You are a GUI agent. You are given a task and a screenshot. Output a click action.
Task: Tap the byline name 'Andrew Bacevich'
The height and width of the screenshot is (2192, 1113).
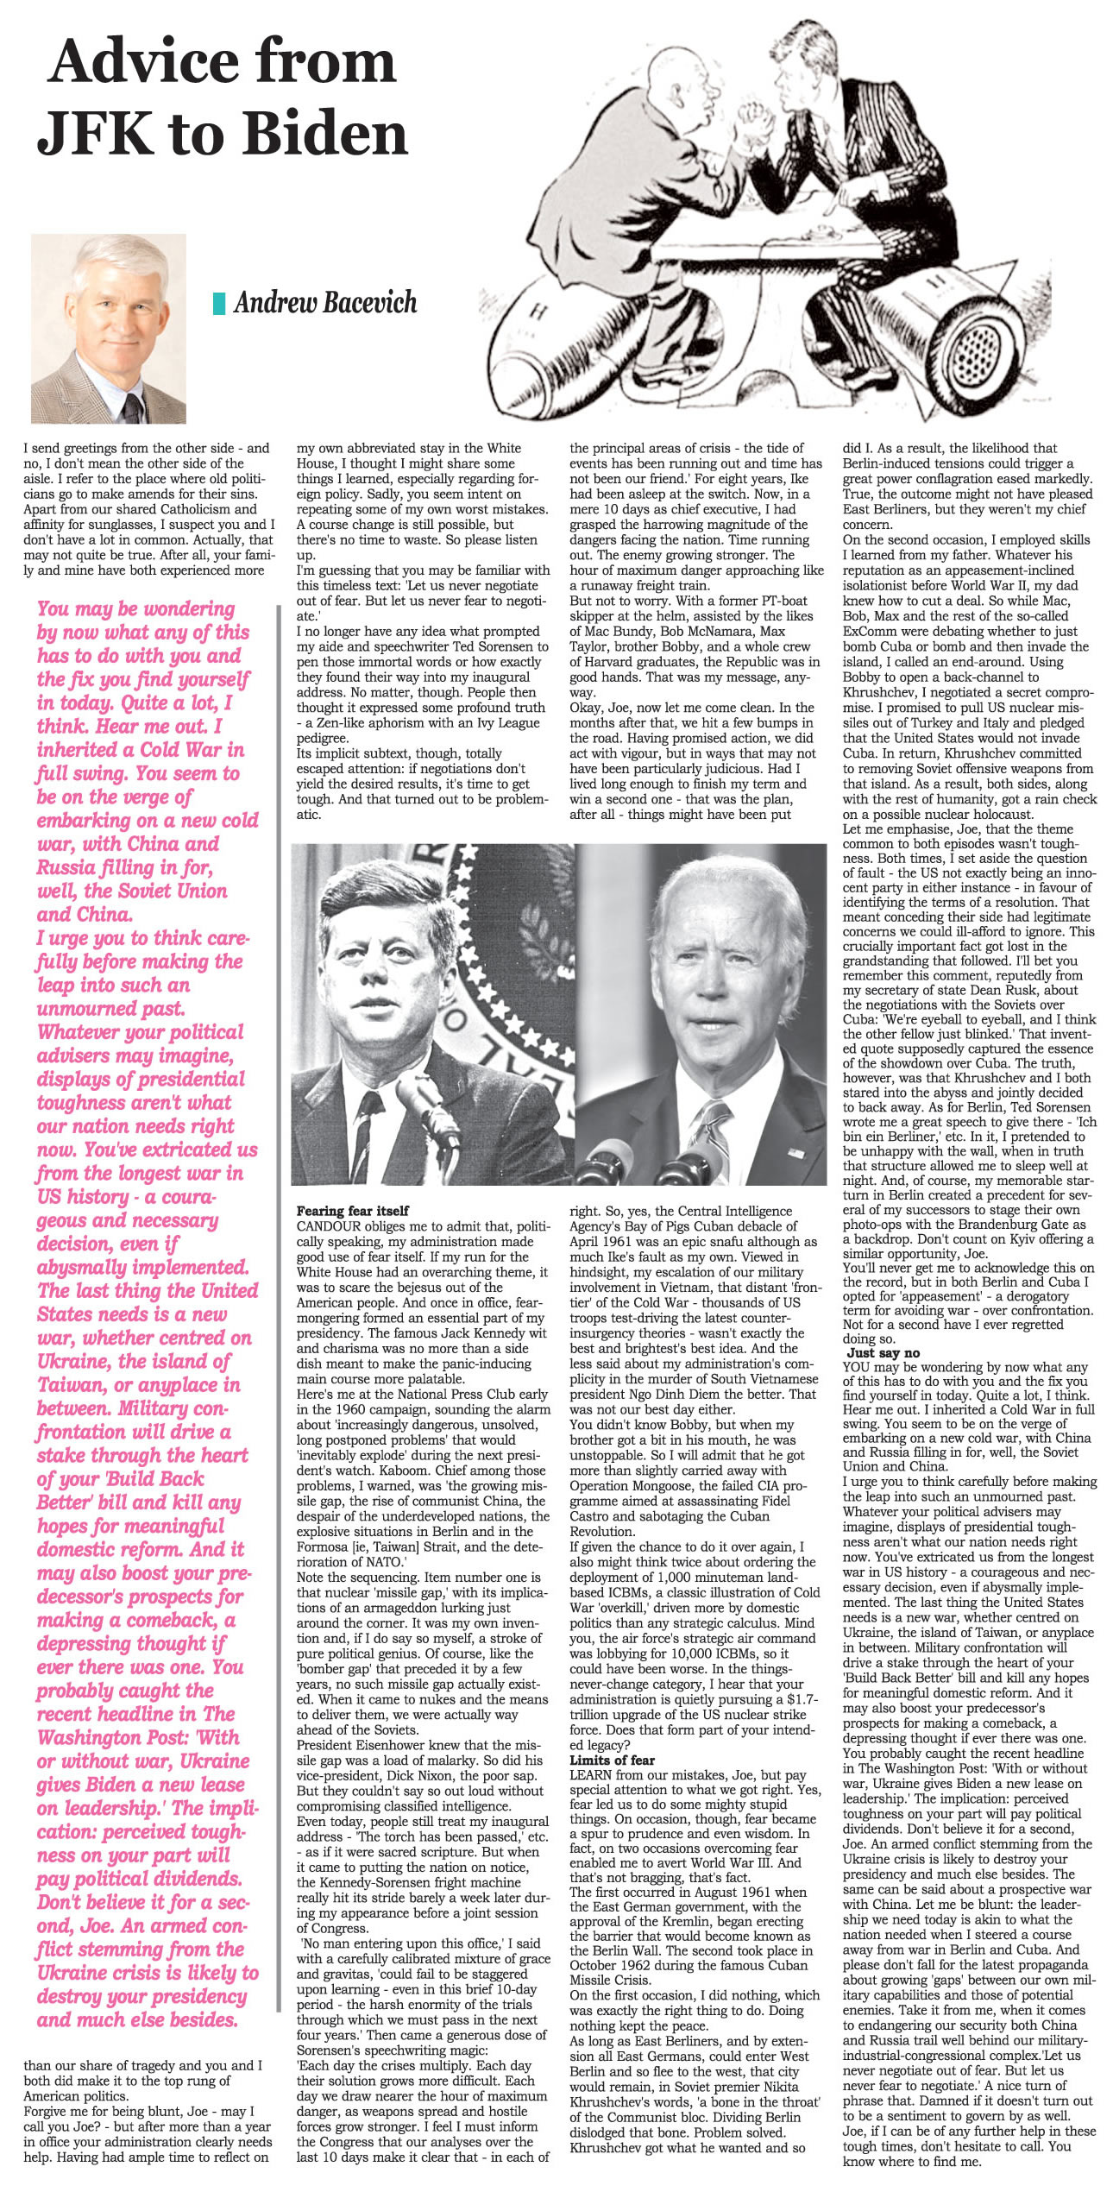[325, 302]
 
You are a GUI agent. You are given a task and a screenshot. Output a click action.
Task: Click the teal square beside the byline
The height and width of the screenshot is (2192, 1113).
[219, 303]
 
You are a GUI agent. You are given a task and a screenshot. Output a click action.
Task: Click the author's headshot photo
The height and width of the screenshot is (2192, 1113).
[108, 329]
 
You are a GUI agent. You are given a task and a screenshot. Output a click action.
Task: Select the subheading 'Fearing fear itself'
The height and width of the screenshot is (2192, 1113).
[352, 1211]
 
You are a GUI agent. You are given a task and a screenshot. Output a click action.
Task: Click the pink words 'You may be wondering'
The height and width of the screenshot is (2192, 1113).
[135, 608]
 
